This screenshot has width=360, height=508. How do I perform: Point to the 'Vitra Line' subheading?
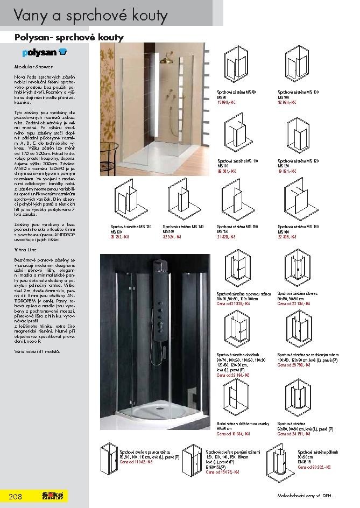(25, 250)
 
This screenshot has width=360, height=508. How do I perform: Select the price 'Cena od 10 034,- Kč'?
(234, 433)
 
